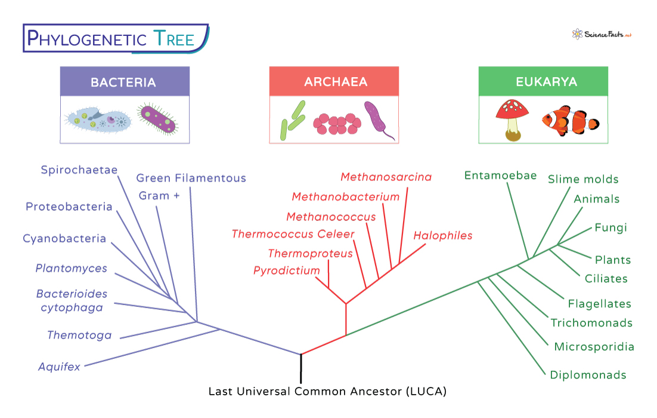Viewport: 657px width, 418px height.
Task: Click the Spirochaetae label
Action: (79, 170)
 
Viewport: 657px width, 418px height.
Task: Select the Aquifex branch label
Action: (59, 367)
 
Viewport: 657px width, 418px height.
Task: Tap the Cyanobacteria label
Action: (64, 239)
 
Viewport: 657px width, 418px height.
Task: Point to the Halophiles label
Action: (442, 235)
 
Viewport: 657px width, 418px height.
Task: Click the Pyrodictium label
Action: (286, 271)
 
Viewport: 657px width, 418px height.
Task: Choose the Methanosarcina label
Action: (386, 177)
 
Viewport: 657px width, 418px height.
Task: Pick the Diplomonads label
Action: (587, 375)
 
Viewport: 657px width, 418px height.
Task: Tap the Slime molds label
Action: (582, 179)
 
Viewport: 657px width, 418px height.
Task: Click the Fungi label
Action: (610, 228)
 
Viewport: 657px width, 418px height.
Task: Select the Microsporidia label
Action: (593, 347)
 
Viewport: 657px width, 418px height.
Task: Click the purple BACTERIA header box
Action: (124, 82)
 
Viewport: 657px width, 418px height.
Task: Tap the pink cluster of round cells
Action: (337, 124)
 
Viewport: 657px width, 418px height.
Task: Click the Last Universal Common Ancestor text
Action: (327, 392)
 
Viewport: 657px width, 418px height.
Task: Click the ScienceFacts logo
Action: (601, 34)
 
